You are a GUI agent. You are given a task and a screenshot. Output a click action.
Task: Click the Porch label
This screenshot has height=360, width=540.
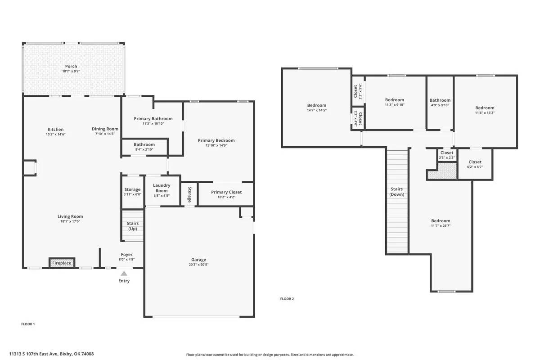click(71, 67)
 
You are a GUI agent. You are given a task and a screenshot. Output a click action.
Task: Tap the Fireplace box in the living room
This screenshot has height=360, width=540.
click(62, 263)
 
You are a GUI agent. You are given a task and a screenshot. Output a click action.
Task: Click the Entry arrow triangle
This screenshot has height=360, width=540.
click(124, 273)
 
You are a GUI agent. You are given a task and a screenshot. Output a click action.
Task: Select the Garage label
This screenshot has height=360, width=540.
click(198, 260)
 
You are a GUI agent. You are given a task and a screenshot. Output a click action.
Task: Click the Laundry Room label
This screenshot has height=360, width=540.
click(161, 188)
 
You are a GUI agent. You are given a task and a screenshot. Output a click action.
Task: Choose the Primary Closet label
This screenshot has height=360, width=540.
click(226, 192)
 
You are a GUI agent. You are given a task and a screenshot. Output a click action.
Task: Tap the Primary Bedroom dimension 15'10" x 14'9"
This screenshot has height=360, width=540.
click(216, 145)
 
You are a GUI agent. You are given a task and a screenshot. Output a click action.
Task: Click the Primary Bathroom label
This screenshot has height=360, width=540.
click(153, 119)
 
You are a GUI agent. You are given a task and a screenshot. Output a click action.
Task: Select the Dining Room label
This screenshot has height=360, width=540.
click(105, 129)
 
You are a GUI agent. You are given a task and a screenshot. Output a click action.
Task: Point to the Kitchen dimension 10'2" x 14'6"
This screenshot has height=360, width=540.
click(56, 135)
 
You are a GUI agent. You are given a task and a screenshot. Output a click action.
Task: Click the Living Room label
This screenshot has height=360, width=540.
click(70, 216)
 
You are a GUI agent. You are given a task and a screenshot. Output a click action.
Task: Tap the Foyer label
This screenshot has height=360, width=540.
click(126, 255)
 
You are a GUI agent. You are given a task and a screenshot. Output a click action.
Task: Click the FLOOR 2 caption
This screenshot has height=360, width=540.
click(287, 299)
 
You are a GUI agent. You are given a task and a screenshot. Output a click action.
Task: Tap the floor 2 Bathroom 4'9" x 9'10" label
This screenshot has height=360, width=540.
click(440, 100)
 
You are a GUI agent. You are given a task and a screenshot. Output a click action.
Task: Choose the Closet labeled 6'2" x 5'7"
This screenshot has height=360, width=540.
click(475, 162)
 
